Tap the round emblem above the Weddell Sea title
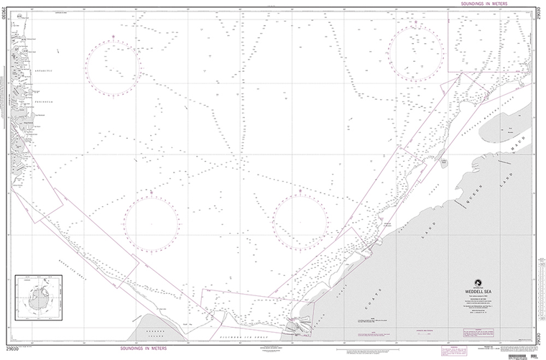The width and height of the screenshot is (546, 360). click(475, 281)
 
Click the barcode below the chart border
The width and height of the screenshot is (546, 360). click(522, 355)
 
